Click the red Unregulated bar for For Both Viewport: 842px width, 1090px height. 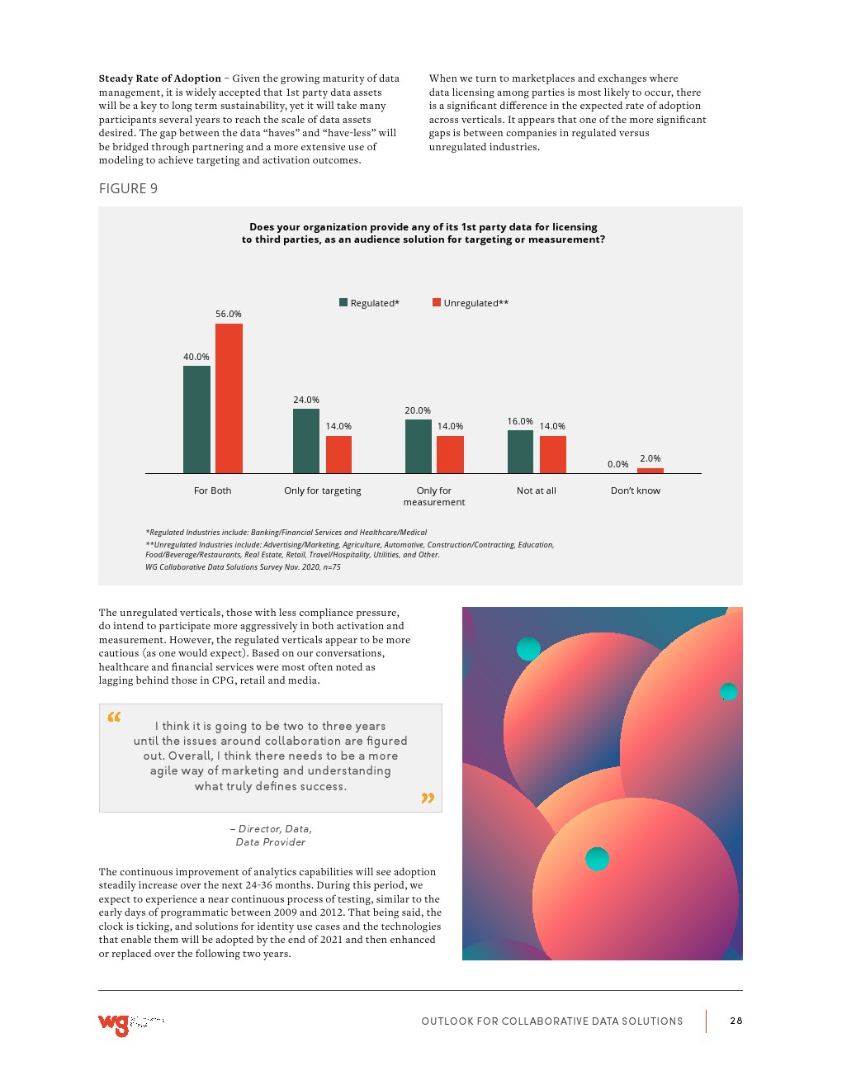point(229,398)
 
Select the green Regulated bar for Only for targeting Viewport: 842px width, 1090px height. point(306,441)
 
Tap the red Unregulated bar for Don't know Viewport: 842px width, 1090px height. point(650,471)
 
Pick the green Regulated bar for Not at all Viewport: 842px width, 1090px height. point(520,452)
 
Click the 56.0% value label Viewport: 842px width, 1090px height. point(229,314)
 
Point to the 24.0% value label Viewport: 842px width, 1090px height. point(306,400)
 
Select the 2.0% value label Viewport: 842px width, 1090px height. point(650,458)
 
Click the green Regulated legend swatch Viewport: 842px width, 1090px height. point(343,302)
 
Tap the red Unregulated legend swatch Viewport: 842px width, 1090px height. point(437,302)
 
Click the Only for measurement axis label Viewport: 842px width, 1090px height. point(434,496)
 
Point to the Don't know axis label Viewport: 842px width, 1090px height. point(636,490)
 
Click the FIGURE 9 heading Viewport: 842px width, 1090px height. point(128,188)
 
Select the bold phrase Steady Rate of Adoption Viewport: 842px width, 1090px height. point(160,78)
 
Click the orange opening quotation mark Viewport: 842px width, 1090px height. point(114,717)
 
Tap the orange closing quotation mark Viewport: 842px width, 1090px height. point(428,798)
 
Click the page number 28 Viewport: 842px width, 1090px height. point(736,1021)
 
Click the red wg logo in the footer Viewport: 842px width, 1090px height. point(114,1024)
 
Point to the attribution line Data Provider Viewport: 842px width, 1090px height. point(271,842)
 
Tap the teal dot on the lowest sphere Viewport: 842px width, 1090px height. point(597,859)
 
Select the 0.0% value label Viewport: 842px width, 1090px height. point(617,464)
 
